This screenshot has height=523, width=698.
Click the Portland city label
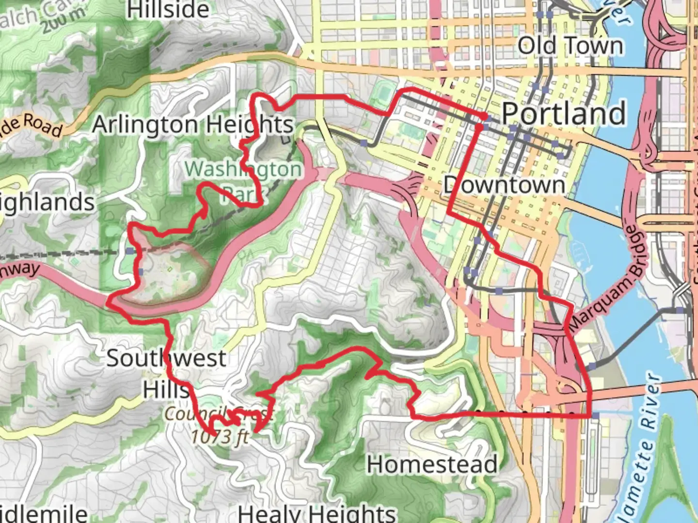pyautogui.click(x=563, y=113)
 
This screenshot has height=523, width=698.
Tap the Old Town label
pyautogui.click(x=570, y=46)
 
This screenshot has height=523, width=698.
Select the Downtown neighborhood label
pyautogui.click(x=504, y=185)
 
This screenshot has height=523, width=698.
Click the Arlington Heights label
pyautogui.click(x=193, y=124)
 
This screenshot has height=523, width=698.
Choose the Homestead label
pyautogui.click(x=432, y=464)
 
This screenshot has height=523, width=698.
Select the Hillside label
pyautogui.click(x=168, y=10)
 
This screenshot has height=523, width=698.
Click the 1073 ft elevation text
pyautogui.click(x=220, y=437)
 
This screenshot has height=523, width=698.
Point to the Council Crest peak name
pyautogui.click(x=219, y=415)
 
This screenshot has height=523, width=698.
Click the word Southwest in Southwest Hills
pyautogui.click(x=166, y=358)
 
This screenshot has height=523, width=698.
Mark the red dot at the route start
pyautogui.click(x=484, y=116)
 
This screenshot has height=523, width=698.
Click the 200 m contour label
pyautogui.click(x=63, y=22)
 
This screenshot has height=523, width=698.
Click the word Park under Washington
pyautogui.click(x=238, y=194)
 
